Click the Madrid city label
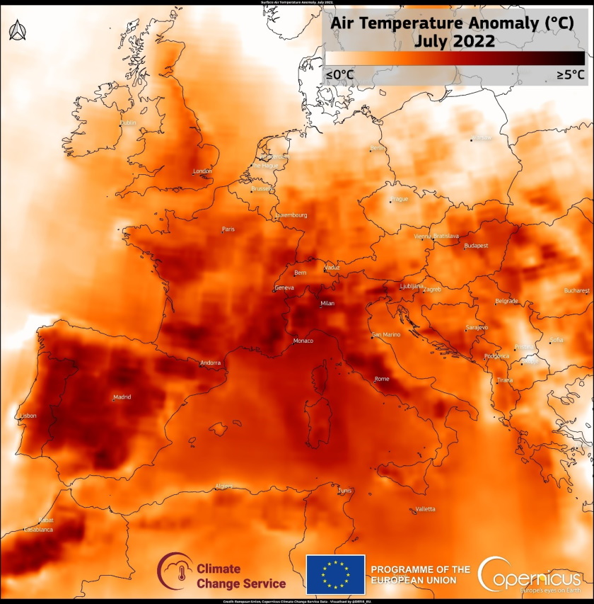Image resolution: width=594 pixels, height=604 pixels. (x=122, y=397)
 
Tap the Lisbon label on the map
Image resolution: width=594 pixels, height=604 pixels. (x=29, y=416)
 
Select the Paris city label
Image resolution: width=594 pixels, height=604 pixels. (x=228, y=229)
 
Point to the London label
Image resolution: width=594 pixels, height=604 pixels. (x=202, y=171)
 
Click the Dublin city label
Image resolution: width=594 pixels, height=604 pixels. (x=128, y=123)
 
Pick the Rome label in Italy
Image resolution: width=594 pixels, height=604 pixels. (x=382, y=379)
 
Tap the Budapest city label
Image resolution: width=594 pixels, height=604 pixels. (x=476, y=246)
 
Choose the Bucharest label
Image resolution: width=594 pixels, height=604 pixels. (x=576, y=290)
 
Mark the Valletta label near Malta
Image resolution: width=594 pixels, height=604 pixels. (x=425, y=509)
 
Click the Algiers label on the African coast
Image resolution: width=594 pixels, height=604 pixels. (x=223, y=486)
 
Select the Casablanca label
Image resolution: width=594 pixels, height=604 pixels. (x=38, y=530)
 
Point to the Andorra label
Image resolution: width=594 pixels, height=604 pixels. (x=211, y=363)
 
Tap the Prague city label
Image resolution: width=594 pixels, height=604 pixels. (x=400, y=199)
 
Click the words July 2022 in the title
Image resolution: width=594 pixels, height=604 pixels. (x=454, y=40)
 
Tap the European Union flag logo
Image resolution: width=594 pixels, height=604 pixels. (x=335, y=574)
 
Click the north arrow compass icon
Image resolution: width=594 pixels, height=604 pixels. (x=17, y=30)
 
